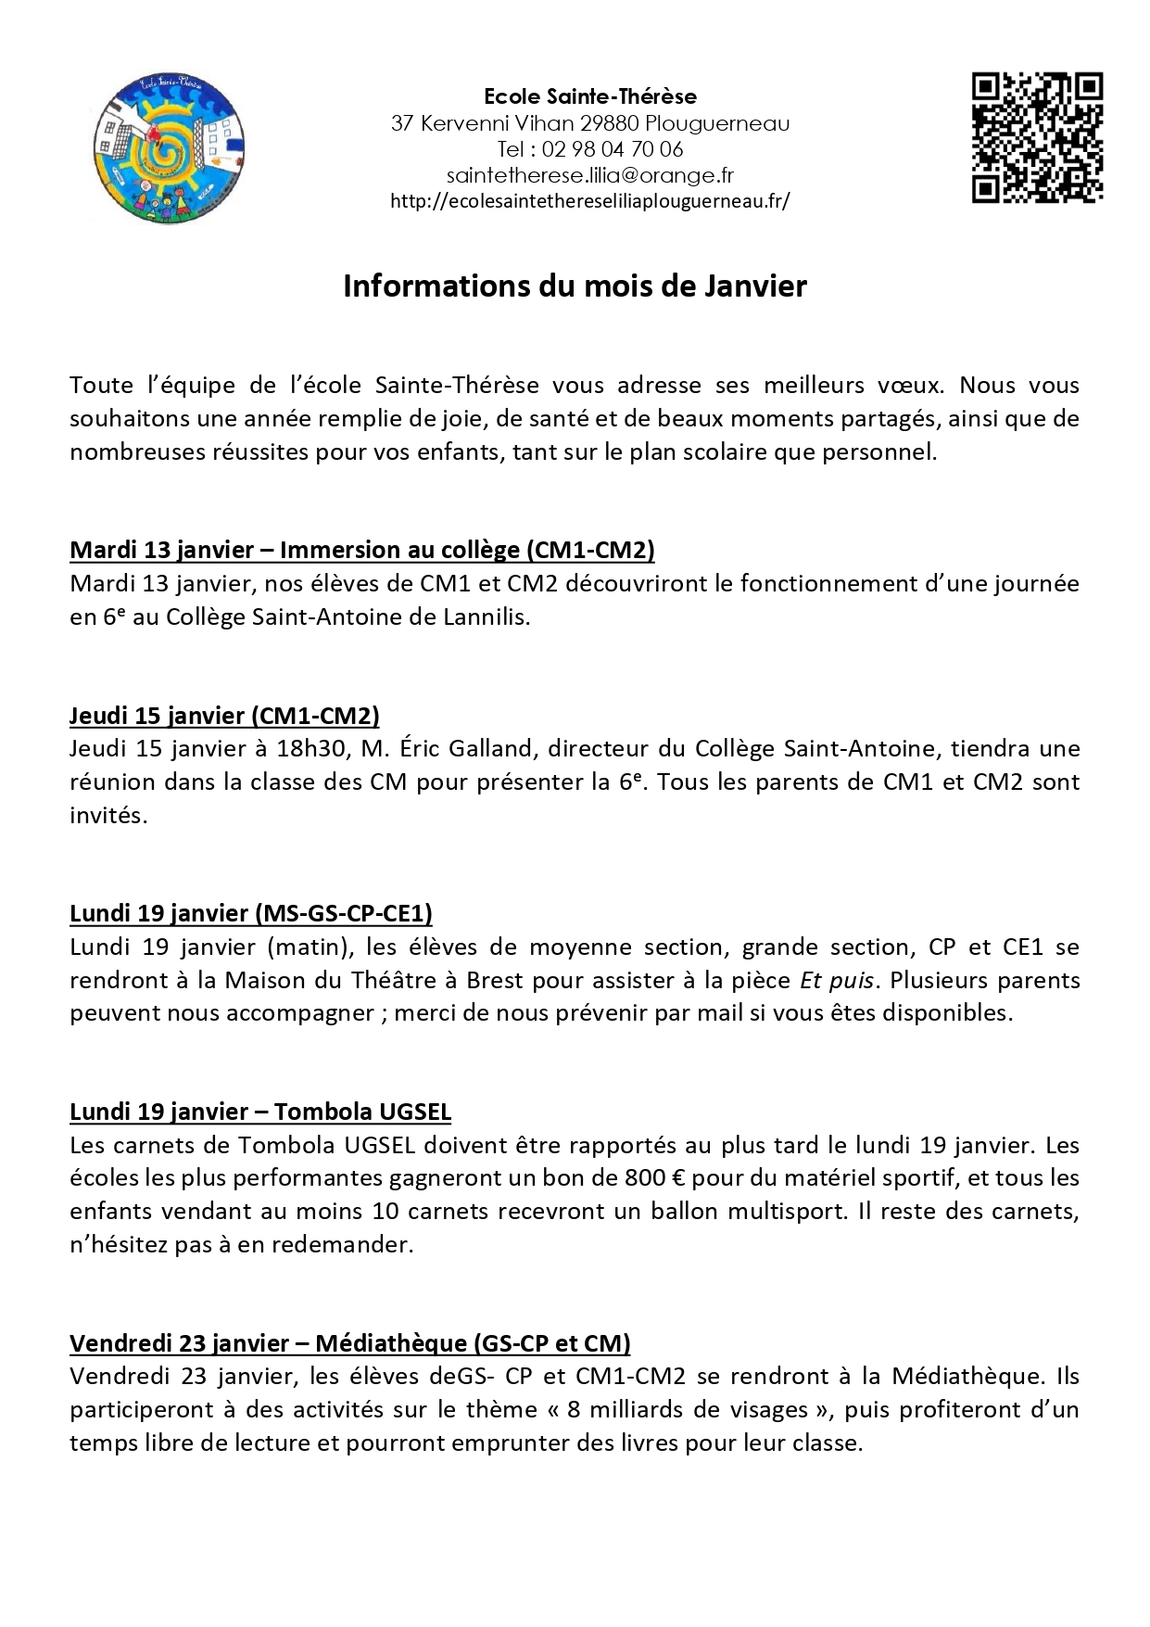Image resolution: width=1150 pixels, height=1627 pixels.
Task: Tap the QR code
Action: point(1037,136)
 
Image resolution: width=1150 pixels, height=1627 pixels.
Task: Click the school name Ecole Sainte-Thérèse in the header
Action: point(590,96)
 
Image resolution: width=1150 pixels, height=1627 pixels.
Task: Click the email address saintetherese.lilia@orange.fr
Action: point(590,175)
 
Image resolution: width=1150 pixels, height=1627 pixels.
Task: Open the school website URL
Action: point(590,201)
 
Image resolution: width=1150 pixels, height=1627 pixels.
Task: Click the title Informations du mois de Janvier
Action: point(575,286)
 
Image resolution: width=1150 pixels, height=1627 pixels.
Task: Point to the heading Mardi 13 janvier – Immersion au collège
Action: point(362,550)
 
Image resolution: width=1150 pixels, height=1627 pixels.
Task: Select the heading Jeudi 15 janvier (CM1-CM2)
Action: point(224,715)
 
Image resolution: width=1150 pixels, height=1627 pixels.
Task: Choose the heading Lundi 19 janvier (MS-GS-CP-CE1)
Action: point(251,913)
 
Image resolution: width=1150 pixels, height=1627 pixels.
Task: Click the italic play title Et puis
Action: point(824,980)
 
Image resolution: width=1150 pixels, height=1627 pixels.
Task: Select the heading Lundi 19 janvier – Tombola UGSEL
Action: point(260,1112)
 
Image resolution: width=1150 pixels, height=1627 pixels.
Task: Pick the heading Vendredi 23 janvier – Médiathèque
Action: point(350,1343)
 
